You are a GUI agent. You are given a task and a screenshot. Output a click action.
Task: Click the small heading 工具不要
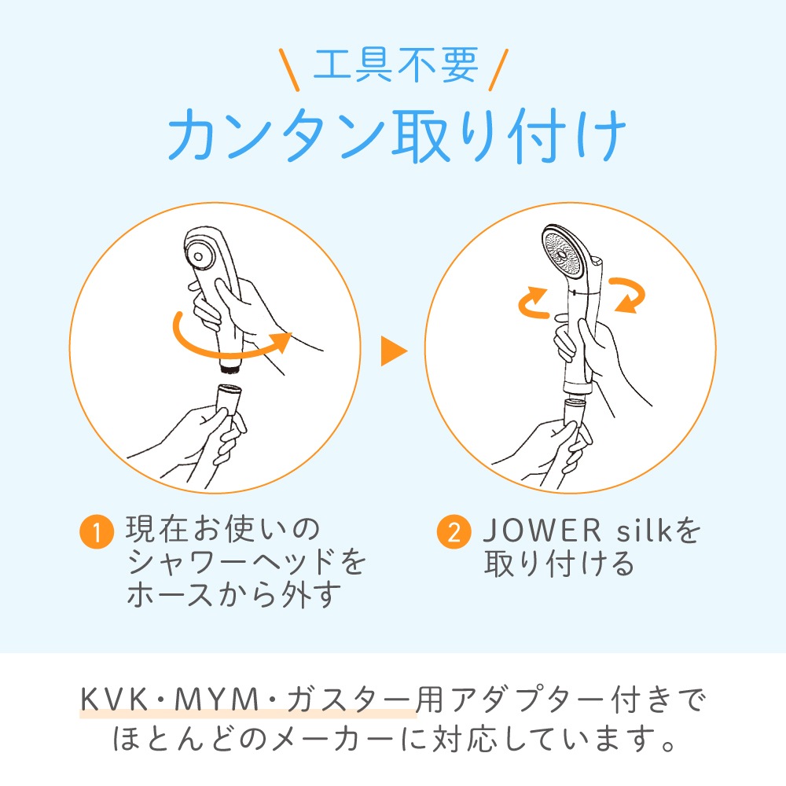point(395,65)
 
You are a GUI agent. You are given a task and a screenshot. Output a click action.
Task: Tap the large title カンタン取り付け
point(397,135)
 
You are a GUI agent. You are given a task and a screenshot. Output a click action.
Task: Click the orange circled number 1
point(97,531)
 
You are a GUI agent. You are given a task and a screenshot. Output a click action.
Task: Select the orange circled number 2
point(454,531)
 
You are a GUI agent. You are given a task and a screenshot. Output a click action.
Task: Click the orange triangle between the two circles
point(394,351)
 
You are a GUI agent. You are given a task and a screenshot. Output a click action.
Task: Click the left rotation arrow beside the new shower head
point(532,303)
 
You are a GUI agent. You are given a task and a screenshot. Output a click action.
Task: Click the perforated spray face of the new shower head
point(563,252)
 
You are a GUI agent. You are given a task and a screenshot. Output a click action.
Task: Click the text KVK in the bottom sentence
point(114,699)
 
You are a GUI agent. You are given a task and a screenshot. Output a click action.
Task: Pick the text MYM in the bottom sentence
point(216,699)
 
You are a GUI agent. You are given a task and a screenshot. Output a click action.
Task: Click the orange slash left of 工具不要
point(289,70)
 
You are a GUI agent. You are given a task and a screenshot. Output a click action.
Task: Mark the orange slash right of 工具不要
point(498,70)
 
